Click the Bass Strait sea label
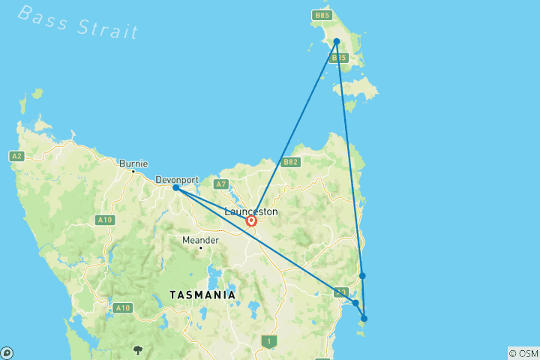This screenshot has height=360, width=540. click(78, 21)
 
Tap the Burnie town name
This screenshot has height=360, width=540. click(133, 163)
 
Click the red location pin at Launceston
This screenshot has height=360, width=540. click(252, 221)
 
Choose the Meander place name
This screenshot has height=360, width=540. click(200, 240)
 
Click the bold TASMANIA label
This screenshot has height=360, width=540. click(202, 295)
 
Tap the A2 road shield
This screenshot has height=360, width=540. click(16, 156)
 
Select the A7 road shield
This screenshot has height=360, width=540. click(220, 184)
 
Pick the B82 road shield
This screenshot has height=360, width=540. click(290, 162)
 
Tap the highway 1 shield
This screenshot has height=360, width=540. click(268, 341)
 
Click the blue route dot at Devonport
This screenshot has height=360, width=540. click(175, 187)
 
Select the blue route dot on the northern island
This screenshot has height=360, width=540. click(337, 41)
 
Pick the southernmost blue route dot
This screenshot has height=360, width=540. click(364, 319)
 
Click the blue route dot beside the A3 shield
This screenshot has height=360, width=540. click(355, 303)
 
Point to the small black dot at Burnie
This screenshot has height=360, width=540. click(133, 172)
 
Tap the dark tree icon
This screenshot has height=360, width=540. click(138, 349)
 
